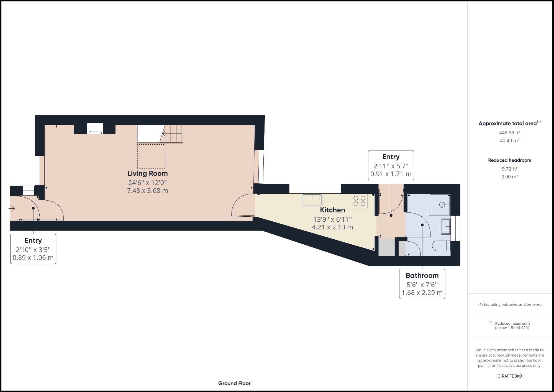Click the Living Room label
(x=147, y=173)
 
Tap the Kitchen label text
(x=332, y=210)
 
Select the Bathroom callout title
(x=422, y=275)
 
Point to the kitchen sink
(x=312, y=200)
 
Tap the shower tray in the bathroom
(x=440, y=205)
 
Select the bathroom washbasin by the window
(x=445, y=226)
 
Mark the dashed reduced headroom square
(x=151, y=157)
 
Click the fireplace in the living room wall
(x=95, y=129)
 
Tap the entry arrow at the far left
(x=12, y=208)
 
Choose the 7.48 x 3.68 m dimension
(x=147, y=191)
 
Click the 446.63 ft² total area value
(x=509, y=133)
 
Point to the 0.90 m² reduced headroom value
(x=509, y=177)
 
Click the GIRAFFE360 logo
(x=509, y=376)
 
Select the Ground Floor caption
(x=234, y=383)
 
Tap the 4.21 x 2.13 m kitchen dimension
(x=332, y=227)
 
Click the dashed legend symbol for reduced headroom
(x=490, y=323)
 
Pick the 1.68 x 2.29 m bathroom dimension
(x=422, y=293)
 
